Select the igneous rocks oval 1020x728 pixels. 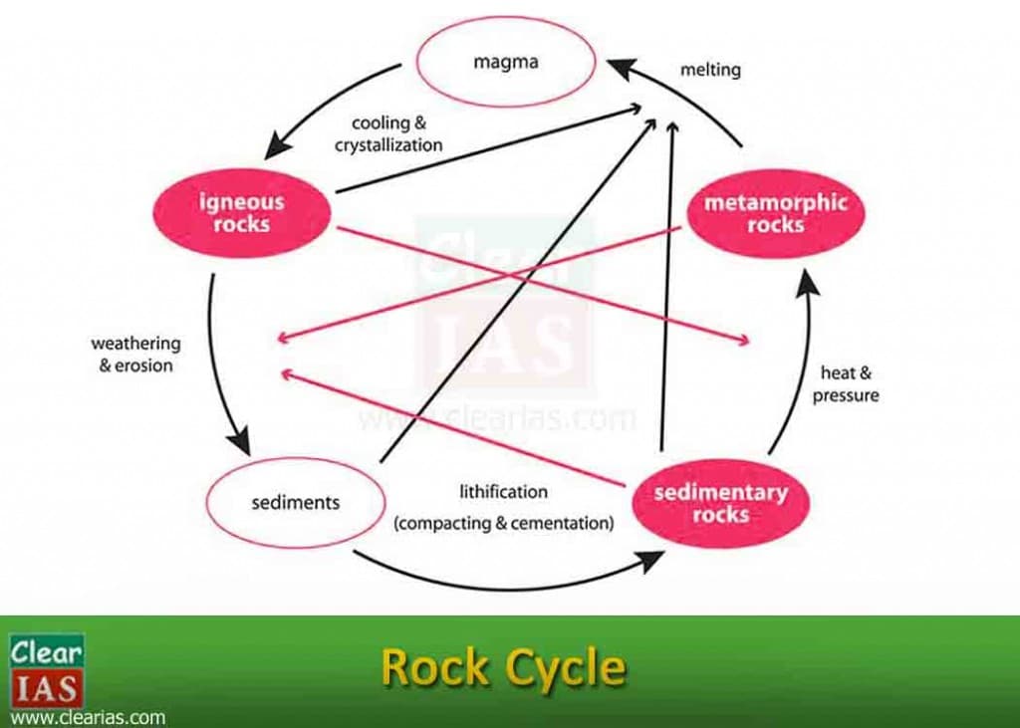[x=241, y=213]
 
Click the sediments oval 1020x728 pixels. [x=295, y=502]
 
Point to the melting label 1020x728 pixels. [x=710, y=70]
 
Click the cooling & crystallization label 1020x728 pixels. [x=388, y=133]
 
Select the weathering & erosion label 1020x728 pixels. [x=136, y=354]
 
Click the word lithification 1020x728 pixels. [x=503, y=491]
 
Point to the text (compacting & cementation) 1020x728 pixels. [x=504, y=522]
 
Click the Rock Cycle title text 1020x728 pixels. [x=504, y=667]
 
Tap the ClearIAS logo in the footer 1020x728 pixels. [x=47, y=669]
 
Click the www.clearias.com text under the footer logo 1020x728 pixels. [x=87, y=717]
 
